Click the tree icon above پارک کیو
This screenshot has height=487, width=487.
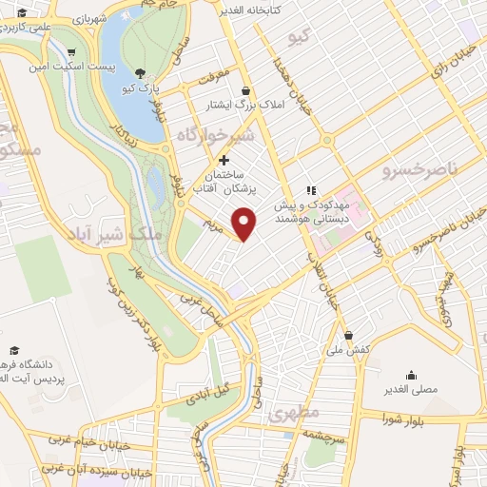coord(140,73)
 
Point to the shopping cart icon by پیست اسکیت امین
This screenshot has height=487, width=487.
coord(73,52)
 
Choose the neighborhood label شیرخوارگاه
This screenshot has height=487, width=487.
coord(215,137)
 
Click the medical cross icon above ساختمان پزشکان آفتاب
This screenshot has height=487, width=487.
coord(224,160)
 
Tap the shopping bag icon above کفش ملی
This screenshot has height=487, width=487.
coord(350,335)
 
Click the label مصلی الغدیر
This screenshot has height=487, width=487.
coord(410,390)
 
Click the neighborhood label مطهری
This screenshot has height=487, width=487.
coord(291,416)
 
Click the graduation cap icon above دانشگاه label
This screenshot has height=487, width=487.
coord(13,350)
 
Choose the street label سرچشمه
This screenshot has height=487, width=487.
coord(326,434)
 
